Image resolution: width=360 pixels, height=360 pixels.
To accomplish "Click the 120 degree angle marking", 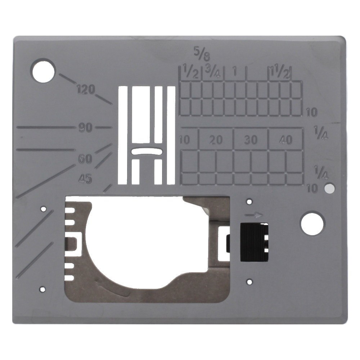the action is click(86, 90).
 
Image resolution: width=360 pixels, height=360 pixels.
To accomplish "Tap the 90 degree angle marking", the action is click(85, 128).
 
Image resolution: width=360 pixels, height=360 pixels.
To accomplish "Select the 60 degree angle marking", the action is click(85, 159).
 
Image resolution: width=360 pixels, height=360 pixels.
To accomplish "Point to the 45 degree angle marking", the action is click(85, 179).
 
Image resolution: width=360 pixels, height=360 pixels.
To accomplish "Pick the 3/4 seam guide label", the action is click(213, 72).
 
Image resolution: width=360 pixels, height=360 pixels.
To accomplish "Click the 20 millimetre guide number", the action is click(216, 140).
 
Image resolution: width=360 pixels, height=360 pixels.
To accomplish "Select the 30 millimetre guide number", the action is click(251, 140).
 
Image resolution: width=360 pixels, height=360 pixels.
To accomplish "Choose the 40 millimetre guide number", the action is click(286, 140).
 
